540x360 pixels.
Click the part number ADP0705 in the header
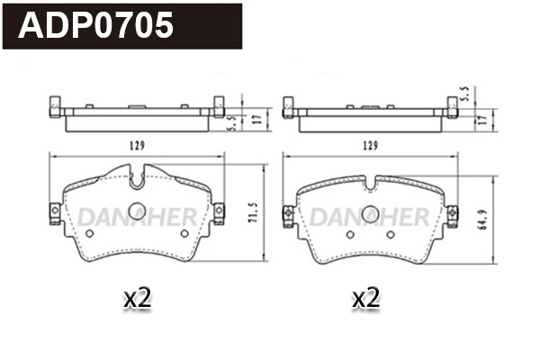pyautogui.click(x=96, y=26)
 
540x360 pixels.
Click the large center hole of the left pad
pyautogui.click(x=136, y=211)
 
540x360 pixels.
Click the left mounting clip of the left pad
pyautogui.click(x=54, y=212)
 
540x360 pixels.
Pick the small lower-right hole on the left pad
pyautogui.click(x=184, y=234)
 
